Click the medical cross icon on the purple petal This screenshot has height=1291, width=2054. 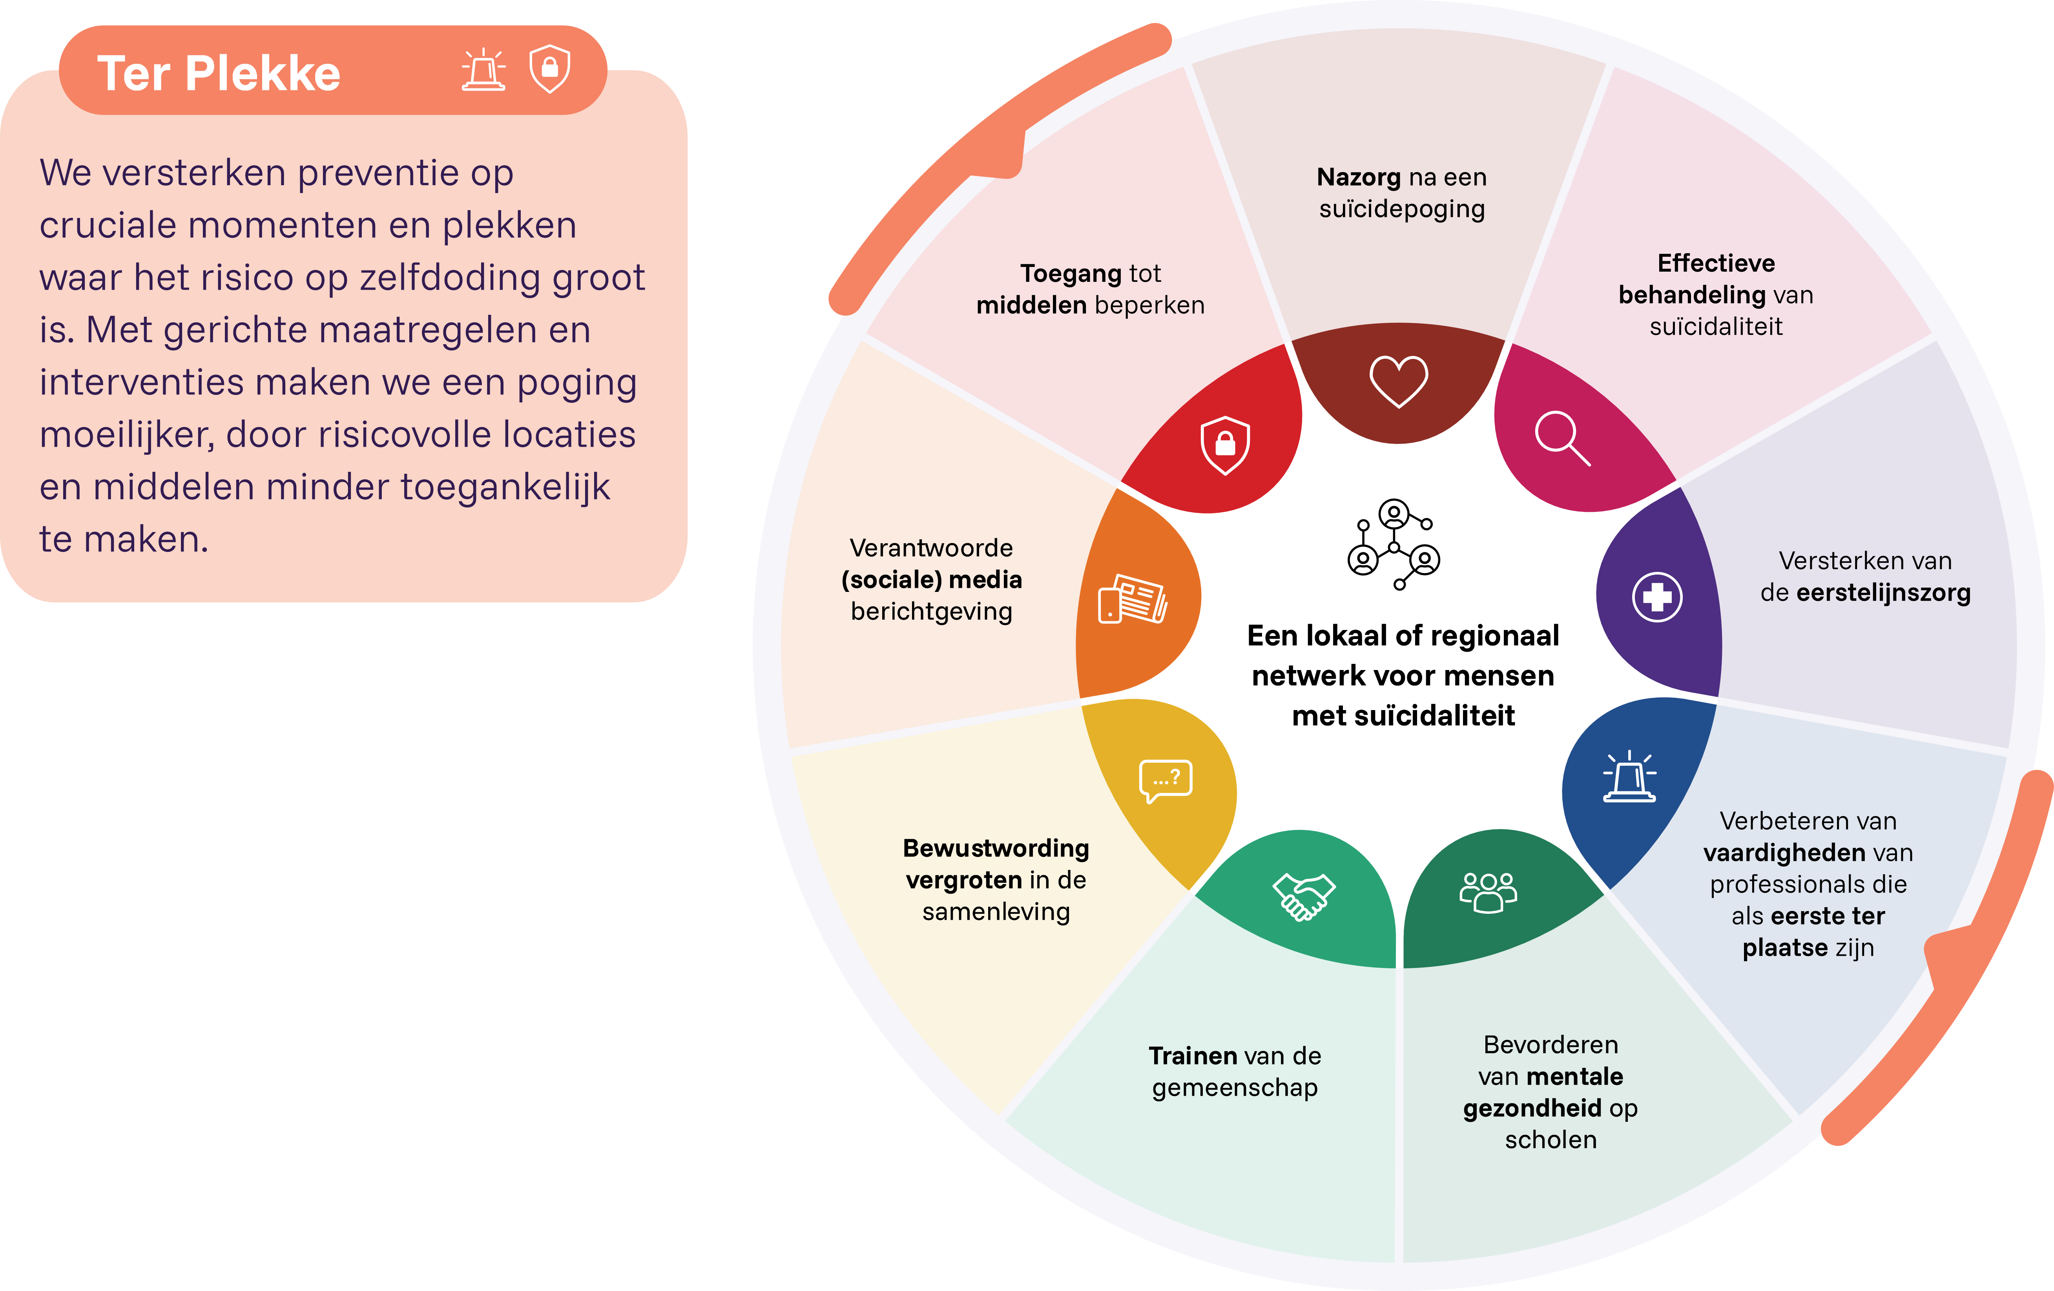pyautogui.click(x=1657, y=597)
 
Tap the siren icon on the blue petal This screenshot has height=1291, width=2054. pyautogui.click(x=1629, y=776)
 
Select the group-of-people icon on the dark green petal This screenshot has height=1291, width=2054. pyautogui.click(x=1489, y=893)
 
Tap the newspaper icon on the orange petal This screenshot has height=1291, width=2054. pyautogui.click(x=1133, y=599)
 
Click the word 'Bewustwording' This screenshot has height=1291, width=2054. pyautogui.click(x=996, y=848)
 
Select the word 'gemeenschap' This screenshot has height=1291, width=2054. pyautogui.click(x=1235, y=1088)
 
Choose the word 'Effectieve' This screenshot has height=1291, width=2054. pyautogui.click(x=1716, y=263)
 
